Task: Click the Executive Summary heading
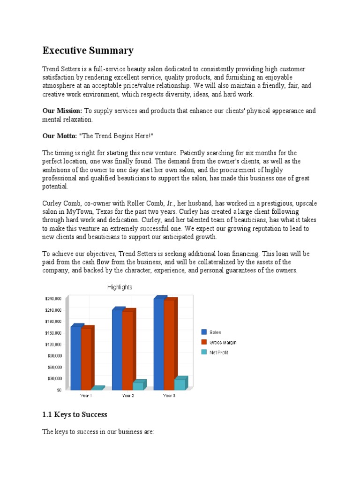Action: tap(88, 51)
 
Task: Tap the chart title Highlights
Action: tap(120, 287)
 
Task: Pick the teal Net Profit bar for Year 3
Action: tap(180, 384)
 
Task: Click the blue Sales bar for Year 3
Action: tap(158, 344)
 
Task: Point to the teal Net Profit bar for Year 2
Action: tap(138, 386)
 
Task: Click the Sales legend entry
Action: tap(215, 332)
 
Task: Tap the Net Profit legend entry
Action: tap(218, 352)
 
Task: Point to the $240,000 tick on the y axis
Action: tap(53, 299)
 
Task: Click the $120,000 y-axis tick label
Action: tap(53, 344)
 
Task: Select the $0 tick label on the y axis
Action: tap(59, 390)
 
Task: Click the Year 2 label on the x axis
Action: tap(128, 396)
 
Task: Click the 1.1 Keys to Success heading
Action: tap(75, 414)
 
